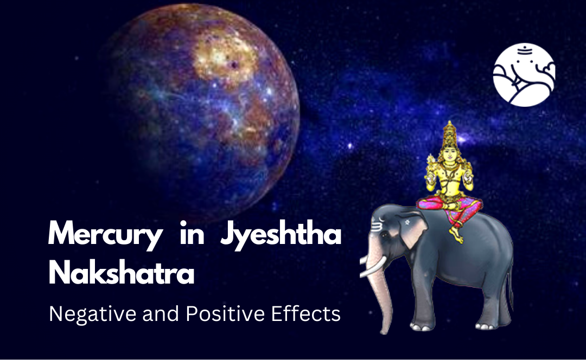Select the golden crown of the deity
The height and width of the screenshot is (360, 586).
click(449, 133)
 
